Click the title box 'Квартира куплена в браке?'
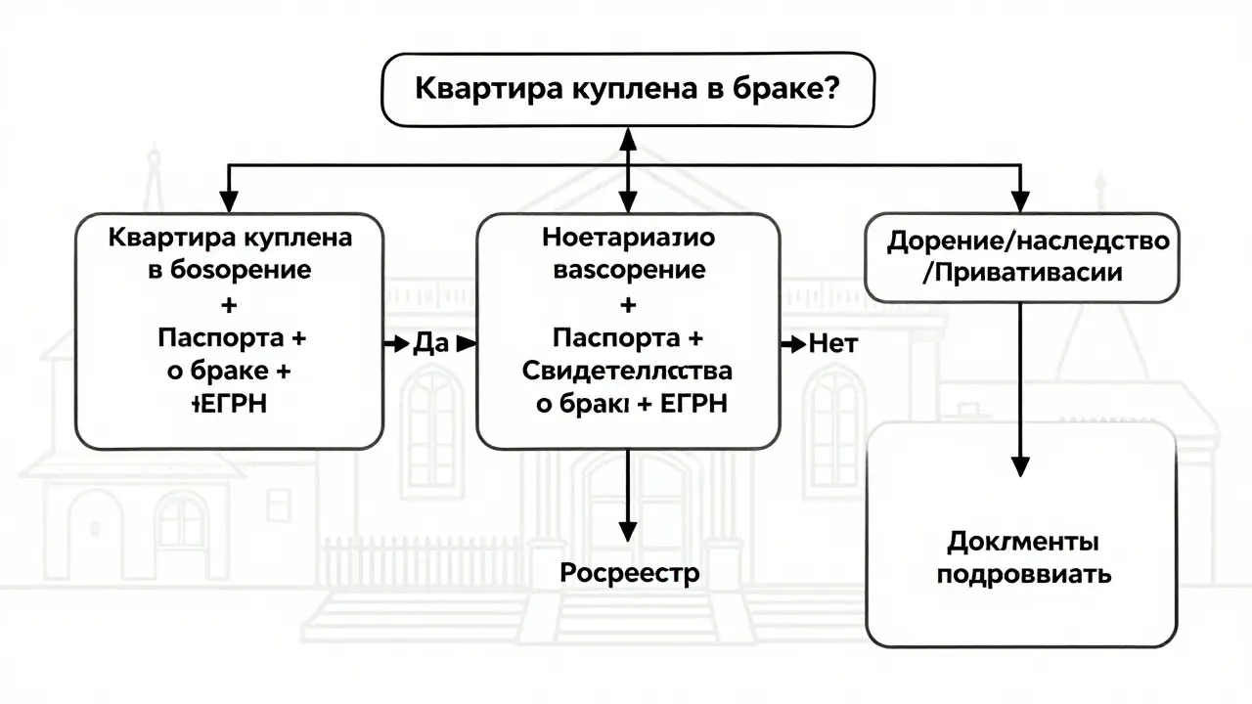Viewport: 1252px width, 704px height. pos(627,88)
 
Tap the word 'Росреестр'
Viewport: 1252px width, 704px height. pos(629,573)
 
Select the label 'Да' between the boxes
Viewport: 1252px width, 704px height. pos(430,344)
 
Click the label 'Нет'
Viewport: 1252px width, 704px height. pos(832,344)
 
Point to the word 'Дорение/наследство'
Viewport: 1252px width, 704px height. pos(1027,241)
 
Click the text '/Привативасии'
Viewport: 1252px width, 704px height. pos(1022,273)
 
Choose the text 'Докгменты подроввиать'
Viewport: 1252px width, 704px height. pos(1023,557)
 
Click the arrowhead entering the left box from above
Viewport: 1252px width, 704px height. pos(229,202)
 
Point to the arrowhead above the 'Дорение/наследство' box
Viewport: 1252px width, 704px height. pos(1021,202)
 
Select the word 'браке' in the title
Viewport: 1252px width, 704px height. pos(782,88)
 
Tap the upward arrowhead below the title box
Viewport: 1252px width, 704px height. pos(627,139)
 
